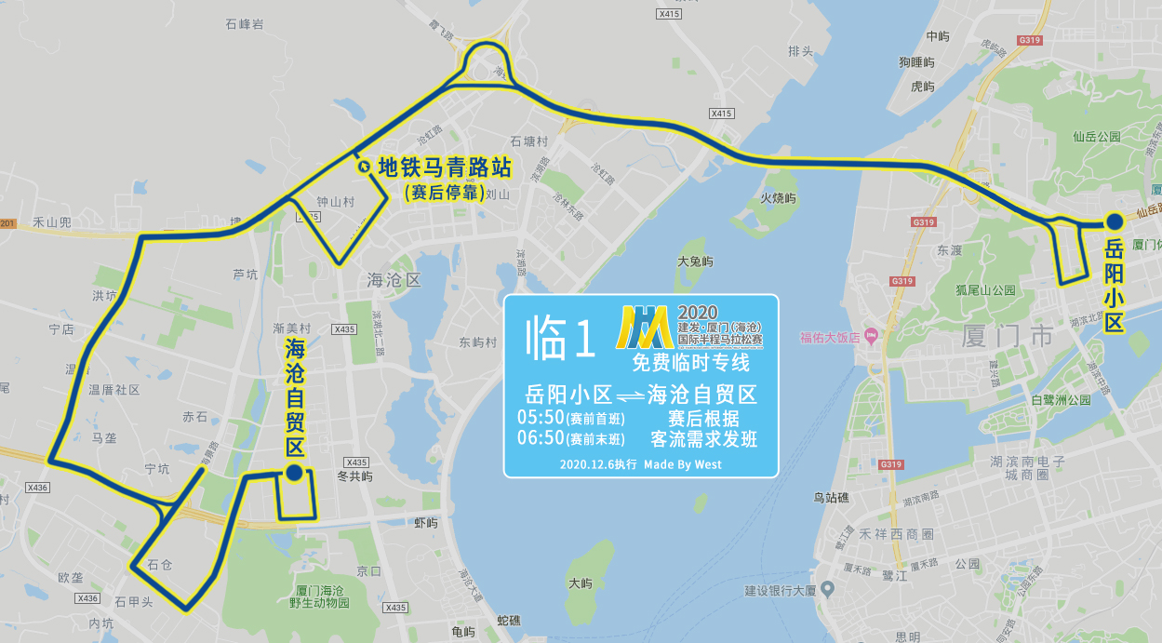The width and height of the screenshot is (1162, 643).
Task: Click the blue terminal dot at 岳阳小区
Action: tap(1114, 221)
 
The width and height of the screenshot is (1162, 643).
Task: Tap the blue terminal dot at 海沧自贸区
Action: tap(293, 474)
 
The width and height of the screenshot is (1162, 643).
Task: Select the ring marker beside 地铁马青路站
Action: tap(363, 167)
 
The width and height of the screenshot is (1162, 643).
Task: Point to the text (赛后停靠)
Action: tap(443, 193)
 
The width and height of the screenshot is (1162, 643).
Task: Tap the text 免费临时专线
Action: tap(690, 363)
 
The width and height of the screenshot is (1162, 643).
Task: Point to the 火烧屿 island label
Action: tap(778, 198)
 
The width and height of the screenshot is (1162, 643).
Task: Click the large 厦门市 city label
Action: tap(1008, 334)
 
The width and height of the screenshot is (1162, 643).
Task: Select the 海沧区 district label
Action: tap(394, 280)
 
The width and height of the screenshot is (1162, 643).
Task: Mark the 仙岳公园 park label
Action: tap(1098, 137)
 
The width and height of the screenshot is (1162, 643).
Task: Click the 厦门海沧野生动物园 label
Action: tap(319, 596)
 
